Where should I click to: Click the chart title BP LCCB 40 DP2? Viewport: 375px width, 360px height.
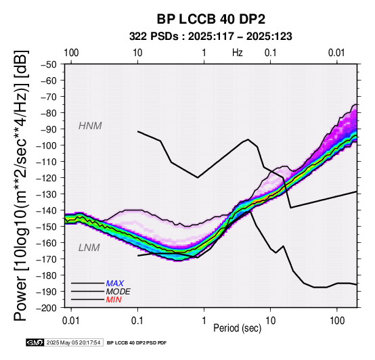click(x=211, y=19)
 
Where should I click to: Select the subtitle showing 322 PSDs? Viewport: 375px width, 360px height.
click(x=211, y=37)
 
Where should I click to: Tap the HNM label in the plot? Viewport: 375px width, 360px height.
click(x=90, y=126)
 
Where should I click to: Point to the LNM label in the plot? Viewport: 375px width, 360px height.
click(x=89, y=248)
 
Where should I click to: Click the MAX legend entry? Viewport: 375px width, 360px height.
click(x=115, y=284)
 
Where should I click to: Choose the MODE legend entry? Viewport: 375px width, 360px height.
click(x=118, y=292)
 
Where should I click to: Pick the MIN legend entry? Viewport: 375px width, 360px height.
click(x=114, y=300)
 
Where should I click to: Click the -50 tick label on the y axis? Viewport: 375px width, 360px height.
click(x=49, y=64)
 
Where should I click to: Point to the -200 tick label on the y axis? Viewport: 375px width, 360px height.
click(x=47, y=308)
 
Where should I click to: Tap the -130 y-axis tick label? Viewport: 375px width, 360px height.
click(x=47, y=194)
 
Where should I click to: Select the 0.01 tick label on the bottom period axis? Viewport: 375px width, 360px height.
click(x=71, y=321)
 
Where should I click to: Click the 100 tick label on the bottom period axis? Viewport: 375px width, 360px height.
click(x=337, y=321)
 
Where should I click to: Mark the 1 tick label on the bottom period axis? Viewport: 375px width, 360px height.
click(x=204, y=321)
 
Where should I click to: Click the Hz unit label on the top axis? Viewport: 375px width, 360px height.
click(x=237, y=53)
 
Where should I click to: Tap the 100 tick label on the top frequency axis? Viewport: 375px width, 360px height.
click(x=71, y=53)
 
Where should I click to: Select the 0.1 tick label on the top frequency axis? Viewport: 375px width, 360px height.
click(x=271, y=53)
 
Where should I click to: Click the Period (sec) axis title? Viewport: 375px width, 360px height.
click(x=237, y=328)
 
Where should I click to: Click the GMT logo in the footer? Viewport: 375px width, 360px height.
click(x=35, y=342)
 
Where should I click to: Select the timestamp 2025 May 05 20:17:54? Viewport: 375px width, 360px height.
click(x=73, y=342)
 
